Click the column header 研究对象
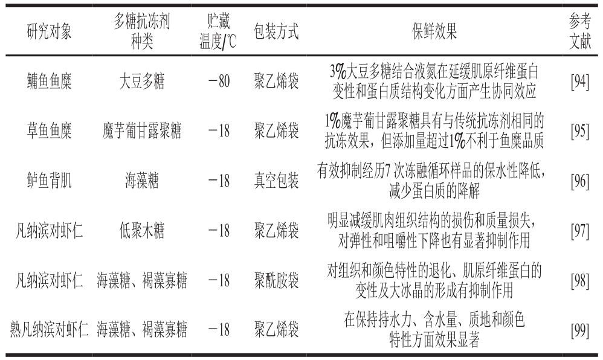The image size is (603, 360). tap(49, 31)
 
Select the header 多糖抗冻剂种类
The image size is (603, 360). tap(142, 31)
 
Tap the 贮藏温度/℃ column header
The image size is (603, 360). tap(218, 31)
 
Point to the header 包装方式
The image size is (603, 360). tap(276, 31)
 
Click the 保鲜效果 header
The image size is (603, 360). tap(434, 31)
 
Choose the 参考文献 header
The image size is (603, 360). tap(580, 31)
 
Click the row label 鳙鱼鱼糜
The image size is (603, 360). tap(49, 81)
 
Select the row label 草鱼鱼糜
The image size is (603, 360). tap(49, 131)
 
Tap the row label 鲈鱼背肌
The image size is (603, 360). tap(49, 181)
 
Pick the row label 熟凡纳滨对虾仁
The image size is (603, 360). tap(49, 330)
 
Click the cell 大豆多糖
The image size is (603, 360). tap(142, 81)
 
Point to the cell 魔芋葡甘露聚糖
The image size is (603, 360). tap(142, 131)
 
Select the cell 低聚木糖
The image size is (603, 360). tap(142, 231)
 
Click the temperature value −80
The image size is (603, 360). tap(219, 81)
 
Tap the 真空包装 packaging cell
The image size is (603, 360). tap(276, 181)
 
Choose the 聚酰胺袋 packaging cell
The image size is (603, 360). tap(276, 280)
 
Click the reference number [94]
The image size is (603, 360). tap(580, 82)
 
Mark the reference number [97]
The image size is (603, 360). tap(580, 231)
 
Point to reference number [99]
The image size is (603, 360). tap(580, 330)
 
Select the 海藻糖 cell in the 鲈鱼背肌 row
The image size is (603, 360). tap(142, 181)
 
